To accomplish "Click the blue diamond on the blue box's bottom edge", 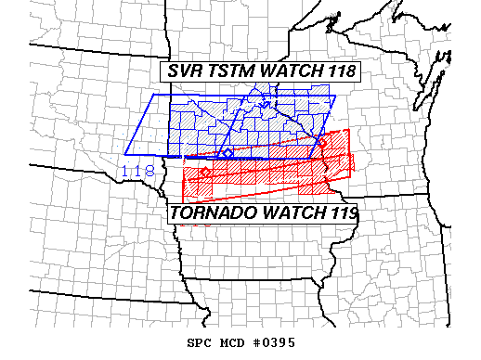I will point(227,153).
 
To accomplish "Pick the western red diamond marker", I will point(205,173).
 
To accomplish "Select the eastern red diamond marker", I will point(322,142).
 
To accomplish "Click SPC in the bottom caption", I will point(201,342).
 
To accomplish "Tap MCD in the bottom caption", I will point(233,342).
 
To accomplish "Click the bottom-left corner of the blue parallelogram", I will point(127,153).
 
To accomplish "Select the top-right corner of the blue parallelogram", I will point(336,97).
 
